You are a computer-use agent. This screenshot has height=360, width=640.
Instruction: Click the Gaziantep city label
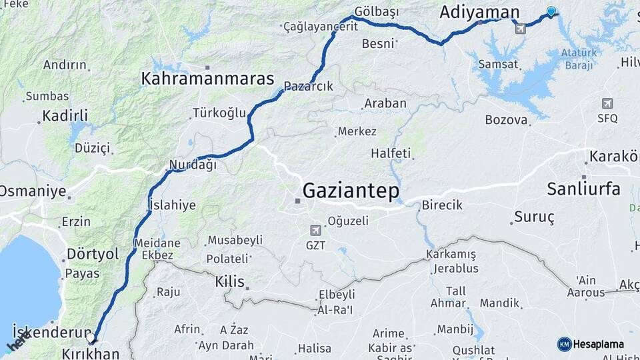click(x=351, y=191)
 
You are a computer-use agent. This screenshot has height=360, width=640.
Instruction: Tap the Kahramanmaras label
click(x=207, y=79)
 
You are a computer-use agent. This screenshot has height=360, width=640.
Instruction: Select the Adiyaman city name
click(x=479, y=12)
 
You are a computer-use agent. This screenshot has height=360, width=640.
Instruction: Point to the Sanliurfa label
click(x=583, y=189)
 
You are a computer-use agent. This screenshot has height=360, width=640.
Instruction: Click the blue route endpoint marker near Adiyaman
click(x=551, y=11)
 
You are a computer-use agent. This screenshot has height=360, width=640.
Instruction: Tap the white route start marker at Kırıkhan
click(x=91, y=338)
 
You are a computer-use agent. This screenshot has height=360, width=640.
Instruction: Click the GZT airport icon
click(x=315, y=231)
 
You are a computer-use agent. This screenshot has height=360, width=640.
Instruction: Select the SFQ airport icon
click(x=607, y=103)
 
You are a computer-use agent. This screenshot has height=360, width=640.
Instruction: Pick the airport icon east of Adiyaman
click(x=520, y=28)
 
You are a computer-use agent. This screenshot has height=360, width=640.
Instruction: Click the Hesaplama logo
click(x=591, y=344)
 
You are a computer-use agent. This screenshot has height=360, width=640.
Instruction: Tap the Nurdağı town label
click(x=193, y=165)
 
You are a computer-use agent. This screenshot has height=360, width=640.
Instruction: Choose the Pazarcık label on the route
click(x=308, y=87)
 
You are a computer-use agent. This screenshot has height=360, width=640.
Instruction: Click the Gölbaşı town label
click(x=376, y=12)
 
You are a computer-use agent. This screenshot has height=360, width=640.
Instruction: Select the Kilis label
click(x=230, y=281)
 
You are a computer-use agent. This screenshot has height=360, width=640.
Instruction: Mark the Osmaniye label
click(x=33, y=192)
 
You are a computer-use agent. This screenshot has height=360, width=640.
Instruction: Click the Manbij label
click(x=455, y=329)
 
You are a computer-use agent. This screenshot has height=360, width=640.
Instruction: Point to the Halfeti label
click(x=391, y=153)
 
